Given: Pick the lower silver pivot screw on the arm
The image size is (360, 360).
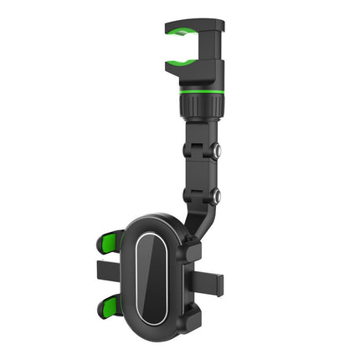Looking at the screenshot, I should [x=216, y=196].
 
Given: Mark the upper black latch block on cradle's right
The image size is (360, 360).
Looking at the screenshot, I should [x=191, y=247].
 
